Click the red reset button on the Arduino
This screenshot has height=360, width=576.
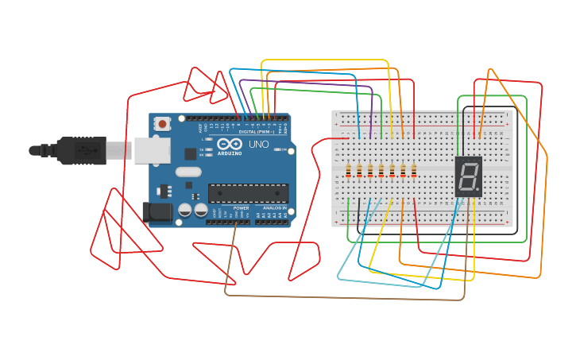(x=163, y=124)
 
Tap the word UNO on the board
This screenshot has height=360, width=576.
(x=259, y=145)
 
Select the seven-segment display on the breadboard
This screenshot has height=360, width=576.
(x=468, y=176)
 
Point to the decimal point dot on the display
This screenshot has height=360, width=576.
(x=478, y=191)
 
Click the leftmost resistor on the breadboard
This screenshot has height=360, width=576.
(x=349, y=170)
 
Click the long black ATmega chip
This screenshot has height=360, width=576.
(x=248, y=193)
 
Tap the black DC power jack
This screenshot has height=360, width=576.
(x=157, y=211)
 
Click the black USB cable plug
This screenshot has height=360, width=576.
(x=79, y=150)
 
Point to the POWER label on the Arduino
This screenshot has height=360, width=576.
(x=241, y=207)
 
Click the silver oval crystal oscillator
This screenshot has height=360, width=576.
(x=188, y=172)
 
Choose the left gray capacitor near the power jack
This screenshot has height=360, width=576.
(x=185, y=210)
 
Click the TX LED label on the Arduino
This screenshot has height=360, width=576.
(x=203, y=149)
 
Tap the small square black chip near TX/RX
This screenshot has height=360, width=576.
(x=191, y=154)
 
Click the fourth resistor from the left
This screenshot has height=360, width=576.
(x=381, y=170)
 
